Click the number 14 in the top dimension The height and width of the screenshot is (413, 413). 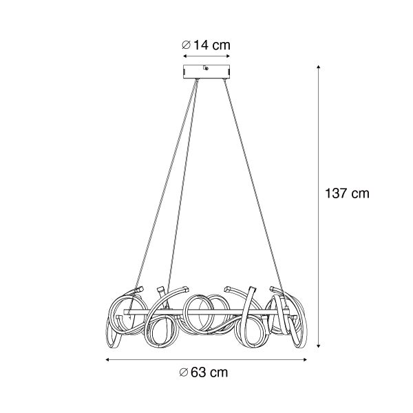(x=201, y=45)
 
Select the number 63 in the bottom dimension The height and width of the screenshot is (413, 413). (x=198, y=373)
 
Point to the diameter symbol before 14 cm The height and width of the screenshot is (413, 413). (x=186, y=45)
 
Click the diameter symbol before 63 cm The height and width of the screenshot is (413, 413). (x=182, y=373)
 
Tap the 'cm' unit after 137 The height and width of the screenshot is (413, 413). (x=360, y=194)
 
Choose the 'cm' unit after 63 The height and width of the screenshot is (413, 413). (x=218, y=373)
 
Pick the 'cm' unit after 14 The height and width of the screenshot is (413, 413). (x=221, y=45)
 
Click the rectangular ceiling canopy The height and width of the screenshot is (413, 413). (x=206, y=72)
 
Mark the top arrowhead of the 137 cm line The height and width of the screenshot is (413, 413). (x=319, y=67)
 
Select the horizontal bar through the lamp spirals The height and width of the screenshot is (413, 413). (x=206, y=316)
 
